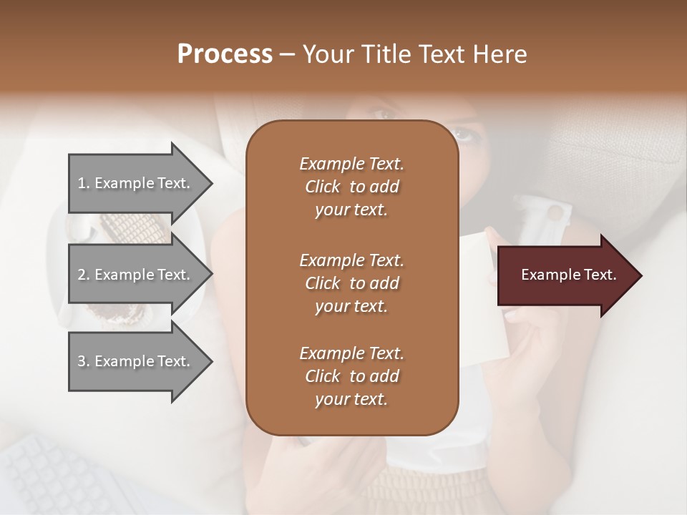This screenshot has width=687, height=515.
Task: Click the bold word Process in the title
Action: tap(225, 54)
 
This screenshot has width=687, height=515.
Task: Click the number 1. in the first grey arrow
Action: tap(84, 183)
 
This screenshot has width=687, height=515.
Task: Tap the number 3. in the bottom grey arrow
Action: tap(84, 361)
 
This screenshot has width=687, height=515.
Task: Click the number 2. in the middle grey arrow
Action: tap(84, 275)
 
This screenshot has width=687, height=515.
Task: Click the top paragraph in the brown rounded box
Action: tap(351, 187)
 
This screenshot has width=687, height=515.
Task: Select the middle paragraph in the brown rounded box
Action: tap(351, 283)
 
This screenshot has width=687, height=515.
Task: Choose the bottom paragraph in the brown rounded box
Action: tap(351, 376)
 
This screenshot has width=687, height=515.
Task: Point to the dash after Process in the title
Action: tap(287, 55)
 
